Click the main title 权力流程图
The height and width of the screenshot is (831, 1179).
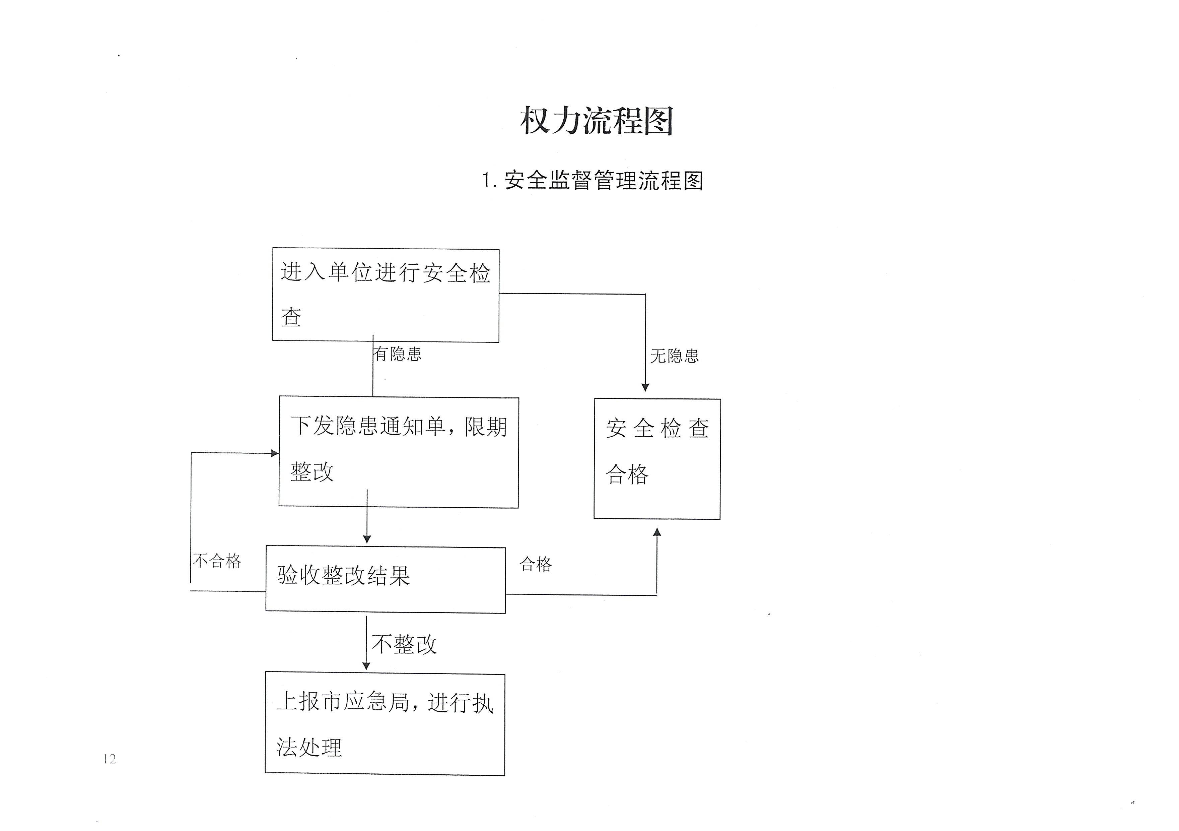(596, 121)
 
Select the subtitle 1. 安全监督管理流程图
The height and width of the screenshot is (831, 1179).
(592, 180)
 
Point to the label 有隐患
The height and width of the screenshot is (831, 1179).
(398, 354)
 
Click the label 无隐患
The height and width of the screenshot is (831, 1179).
(674, 356)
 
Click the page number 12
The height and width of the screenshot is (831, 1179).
(110, 759)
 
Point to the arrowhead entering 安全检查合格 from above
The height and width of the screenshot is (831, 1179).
(645, 387)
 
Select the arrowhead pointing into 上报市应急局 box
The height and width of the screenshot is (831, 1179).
(366, 665)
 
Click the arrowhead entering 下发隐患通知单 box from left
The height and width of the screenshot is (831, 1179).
(275, 453)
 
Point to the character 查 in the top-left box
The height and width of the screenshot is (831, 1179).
(291, 317)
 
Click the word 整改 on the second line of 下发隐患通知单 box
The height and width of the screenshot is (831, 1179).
(312, 471)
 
